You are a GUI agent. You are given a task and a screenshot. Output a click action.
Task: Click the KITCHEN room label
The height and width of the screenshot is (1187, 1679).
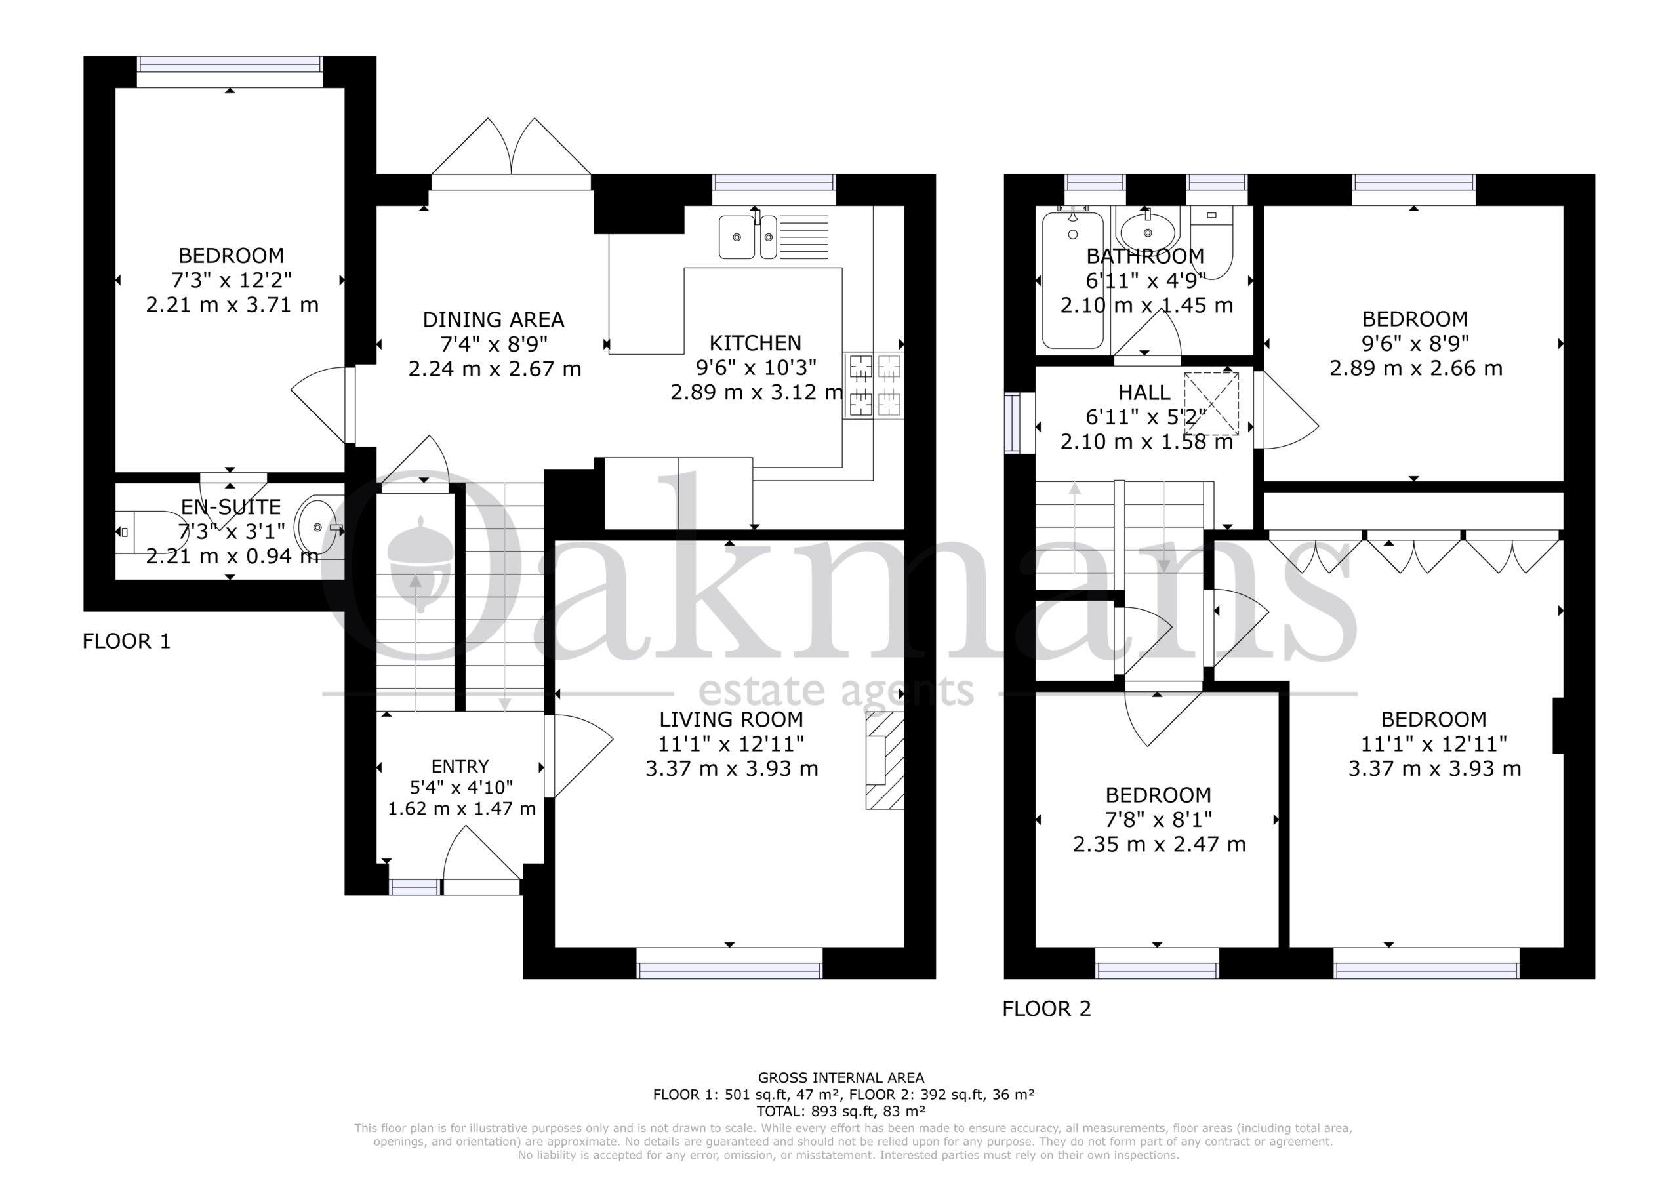pyautogui.click(x=756, y=343)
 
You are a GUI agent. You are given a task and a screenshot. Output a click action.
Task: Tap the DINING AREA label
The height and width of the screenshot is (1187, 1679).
pyautogui.click(x=494, y=319)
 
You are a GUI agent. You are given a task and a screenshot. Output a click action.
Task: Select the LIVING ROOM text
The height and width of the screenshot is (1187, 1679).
pyautogui.click(x=731, y=719)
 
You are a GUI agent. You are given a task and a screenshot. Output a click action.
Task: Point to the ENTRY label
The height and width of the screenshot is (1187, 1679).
pyautogui.click(x=460, y=767)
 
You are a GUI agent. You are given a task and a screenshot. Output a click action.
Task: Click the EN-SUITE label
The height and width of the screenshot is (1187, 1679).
pyautogui.click(x=231, y=507)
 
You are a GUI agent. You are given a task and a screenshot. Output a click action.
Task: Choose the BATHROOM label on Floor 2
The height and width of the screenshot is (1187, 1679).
pyautogui.click(x=1145, y=256)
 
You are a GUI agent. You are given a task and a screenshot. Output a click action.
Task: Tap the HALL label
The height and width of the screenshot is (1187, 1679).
pyautogui.click(x=1144, y=393)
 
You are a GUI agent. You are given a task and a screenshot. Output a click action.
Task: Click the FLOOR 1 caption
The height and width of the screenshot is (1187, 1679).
pyautogui.click(x=127, y=641)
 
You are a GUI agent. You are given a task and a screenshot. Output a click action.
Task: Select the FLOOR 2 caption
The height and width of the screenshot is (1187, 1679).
pyautogui.click(x=1047, y=1009)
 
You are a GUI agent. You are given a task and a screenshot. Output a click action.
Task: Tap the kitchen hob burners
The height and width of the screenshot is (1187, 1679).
pyautogui.click(x=874, y=386)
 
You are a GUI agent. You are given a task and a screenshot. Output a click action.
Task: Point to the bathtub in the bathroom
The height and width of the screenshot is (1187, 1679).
pyautogui.click(x=1073, y=279)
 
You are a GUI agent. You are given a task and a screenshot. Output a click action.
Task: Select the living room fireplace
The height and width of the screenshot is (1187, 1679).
pyautogui.click(x=885, y=761)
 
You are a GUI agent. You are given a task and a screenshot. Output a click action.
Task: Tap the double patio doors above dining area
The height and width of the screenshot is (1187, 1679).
pyautogui.click(x=511, y=153)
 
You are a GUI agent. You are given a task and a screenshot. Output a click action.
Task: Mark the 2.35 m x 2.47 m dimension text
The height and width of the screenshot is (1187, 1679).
pyautogui.click(x=1159, y=845)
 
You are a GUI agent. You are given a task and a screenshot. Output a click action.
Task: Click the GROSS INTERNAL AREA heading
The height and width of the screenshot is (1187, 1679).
pyautogui.click(x=841, y=1077)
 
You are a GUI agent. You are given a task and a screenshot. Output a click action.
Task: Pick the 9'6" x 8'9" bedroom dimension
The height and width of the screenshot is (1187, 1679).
pyautogui.click(x=1415, y=343)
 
